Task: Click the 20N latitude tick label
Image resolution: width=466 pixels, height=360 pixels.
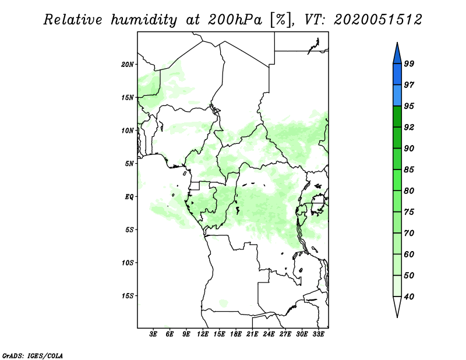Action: (128, 64)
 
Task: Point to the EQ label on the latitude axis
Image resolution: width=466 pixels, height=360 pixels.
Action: (130, 197)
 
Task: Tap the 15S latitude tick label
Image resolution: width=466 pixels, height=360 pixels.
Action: (128, 296)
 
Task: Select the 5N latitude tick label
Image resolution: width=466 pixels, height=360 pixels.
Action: (129, 164)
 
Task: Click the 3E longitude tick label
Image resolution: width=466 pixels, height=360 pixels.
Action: (154, 335)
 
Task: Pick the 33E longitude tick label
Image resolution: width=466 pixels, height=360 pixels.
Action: (318, 335)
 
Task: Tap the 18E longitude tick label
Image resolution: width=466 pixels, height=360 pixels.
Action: (236, 335)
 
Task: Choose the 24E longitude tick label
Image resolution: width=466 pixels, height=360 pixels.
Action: (269, 335)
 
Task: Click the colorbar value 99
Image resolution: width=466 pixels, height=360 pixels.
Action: (409, 64)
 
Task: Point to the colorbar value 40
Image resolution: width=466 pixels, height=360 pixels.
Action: (409, 297)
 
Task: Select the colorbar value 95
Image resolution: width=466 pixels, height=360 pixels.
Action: (409, 106)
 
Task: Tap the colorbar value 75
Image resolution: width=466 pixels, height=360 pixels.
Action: (409, 212)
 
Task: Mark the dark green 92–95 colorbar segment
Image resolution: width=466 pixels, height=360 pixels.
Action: (397, 117)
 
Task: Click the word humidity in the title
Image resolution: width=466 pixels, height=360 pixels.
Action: (145, 20)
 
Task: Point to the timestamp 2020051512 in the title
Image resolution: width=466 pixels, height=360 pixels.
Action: (378, 20)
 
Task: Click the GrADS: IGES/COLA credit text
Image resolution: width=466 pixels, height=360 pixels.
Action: (32, 355)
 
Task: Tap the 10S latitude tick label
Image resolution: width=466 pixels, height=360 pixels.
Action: (128, 263)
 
